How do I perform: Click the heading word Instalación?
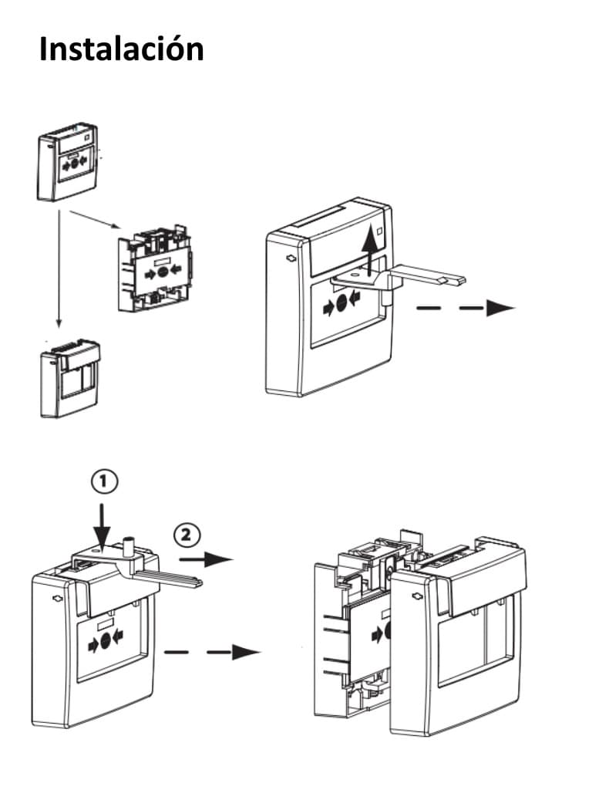pos(121,49)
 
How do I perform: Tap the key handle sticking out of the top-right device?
pos(428,274)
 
